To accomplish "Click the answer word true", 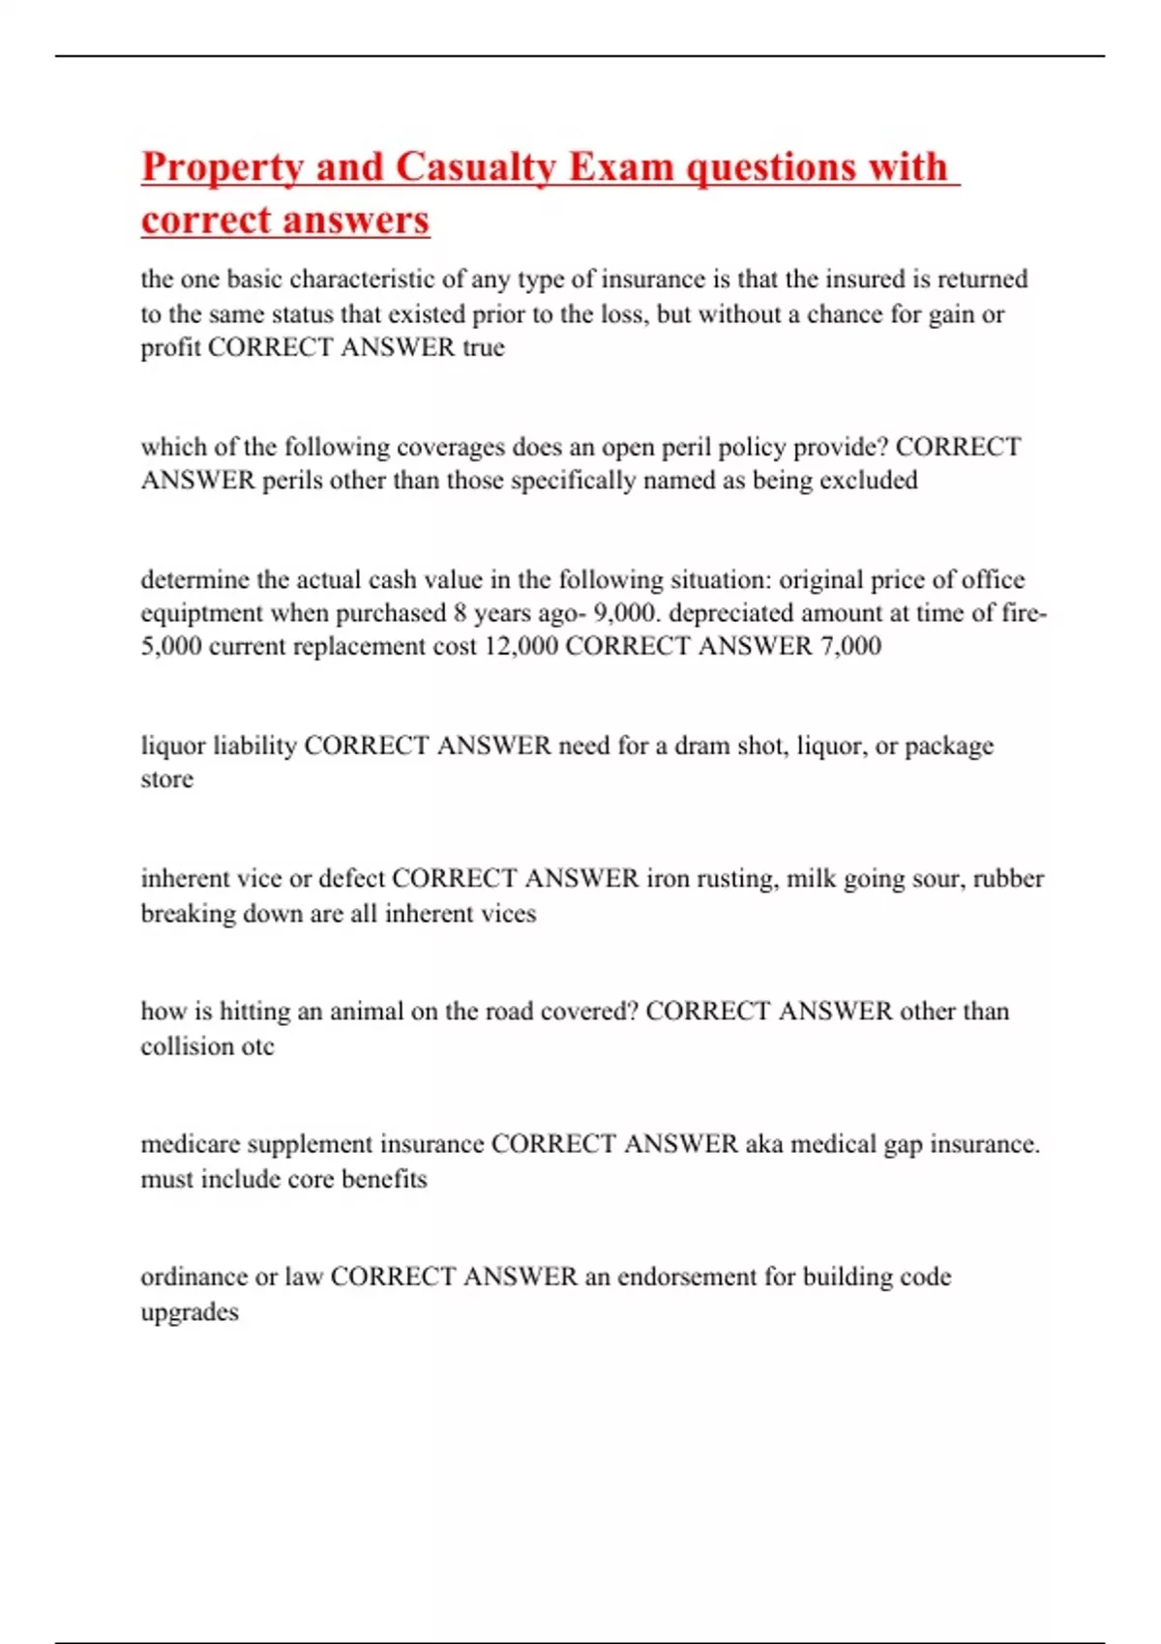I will (484, 347).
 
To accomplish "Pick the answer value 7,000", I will (850, 646).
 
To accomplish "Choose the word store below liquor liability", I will (166, 779).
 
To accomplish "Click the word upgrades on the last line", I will (190, 1312).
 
